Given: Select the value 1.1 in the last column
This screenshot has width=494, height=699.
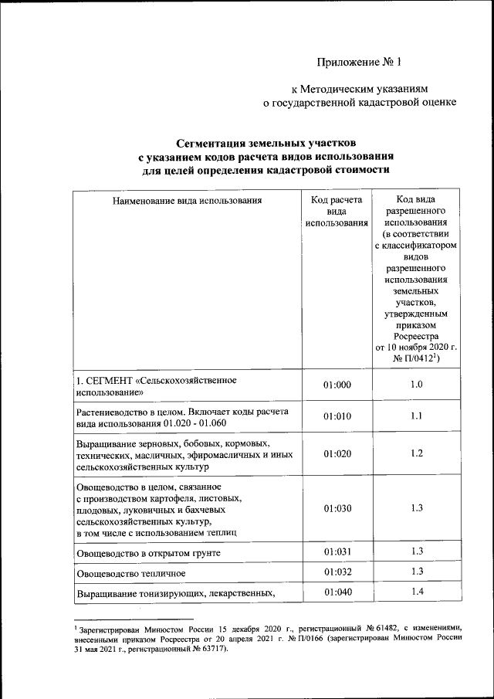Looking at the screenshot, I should tap(416, 416).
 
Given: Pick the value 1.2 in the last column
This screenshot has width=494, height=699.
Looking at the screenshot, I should tap(416, 453).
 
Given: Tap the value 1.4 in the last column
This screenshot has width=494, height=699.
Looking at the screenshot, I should tap(416, 592).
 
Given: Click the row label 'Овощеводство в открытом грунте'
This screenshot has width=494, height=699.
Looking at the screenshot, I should tap(149, 554).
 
